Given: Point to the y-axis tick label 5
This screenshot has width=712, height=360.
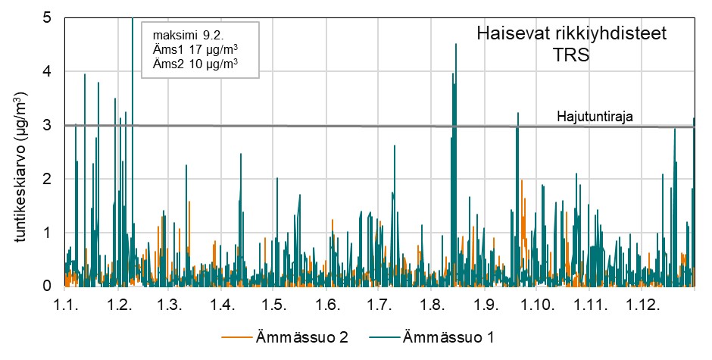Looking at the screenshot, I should click(x=47, y=17).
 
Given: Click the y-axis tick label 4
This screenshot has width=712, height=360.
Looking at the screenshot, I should click(x=47, y=71).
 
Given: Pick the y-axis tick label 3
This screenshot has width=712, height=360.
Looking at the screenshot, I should click(x=47, y=125).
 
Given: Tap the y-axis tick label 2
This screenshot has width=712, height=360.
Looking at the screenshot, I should click(x=47, y=179).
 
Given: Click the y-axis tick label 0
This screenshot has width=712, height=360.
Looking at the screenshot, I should click(x=47, y=286).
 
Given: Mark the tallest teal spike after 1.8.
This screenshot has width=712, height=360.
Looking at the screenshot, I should click(x=456, y=45).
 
